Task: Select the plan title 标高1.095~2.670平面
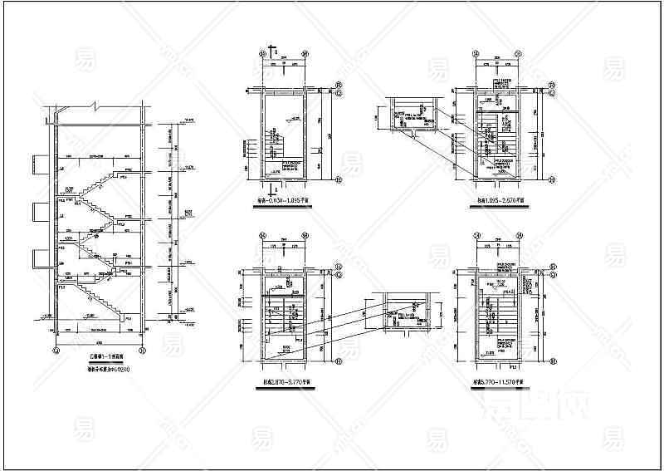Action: click(x=496, y=201)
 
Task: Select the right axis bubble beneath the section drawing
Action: click(x=146, y=351)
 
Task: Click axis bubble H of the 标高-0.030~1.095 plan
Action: click(x=339, y=178)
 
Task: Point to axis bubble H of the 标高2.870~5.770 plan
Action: click(x=339, y=362)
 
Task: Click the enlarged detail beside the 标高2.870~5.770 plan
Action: click(x=405, y=312)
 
